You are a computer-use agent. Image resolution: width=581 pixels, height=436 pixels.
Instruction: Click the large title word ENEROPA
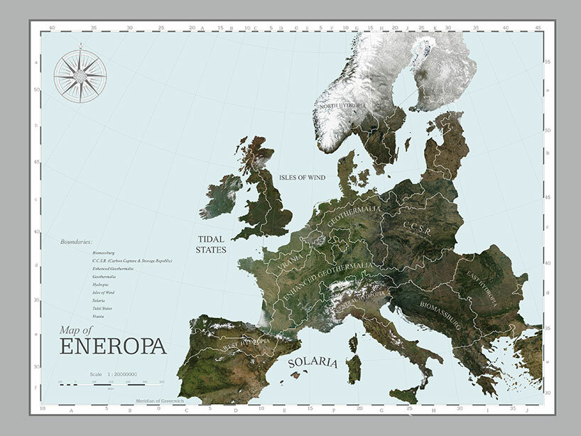113,347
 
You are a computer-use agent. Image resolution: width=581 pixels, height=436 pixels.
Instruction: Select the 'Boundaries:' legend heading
77,242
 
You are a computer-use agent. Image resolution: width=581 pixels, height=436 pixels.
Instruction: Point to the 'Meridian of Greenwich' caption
159,401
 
